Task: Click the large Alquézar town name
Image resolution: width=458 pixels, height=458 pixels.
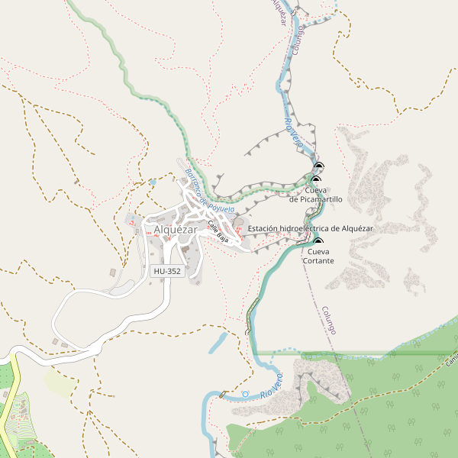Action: click(x=175, y=229)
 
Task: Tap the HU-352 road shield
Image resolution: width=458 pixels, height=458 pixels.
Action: click(x=167, y=271)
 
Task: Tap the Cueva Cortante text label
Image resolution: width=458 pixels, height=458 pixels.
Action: click(x=318, y=256)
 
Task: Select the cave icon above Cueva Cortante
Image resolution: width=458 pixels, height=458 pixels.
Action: click(x=318, y=242)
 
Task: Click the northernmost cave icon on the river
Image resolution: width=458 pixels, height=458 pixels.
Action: click(x=318, y=166)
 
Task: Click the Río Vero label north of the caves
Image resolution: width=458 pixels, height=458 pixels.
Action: click(x=293, y=131)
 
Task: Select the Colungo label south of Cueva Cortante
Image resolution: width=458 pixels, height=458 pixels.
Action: click(x=329, y=320)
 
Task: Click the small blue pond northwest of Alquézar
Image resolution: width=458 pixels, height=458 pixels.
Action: click(x=153, y=182)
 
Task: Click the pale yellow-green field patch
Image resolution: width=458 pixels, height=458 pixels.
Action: click(x=59, y=381)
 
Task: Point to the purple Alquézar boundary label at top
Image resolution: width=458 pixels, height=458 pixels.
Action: click(x=279, y=11)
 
